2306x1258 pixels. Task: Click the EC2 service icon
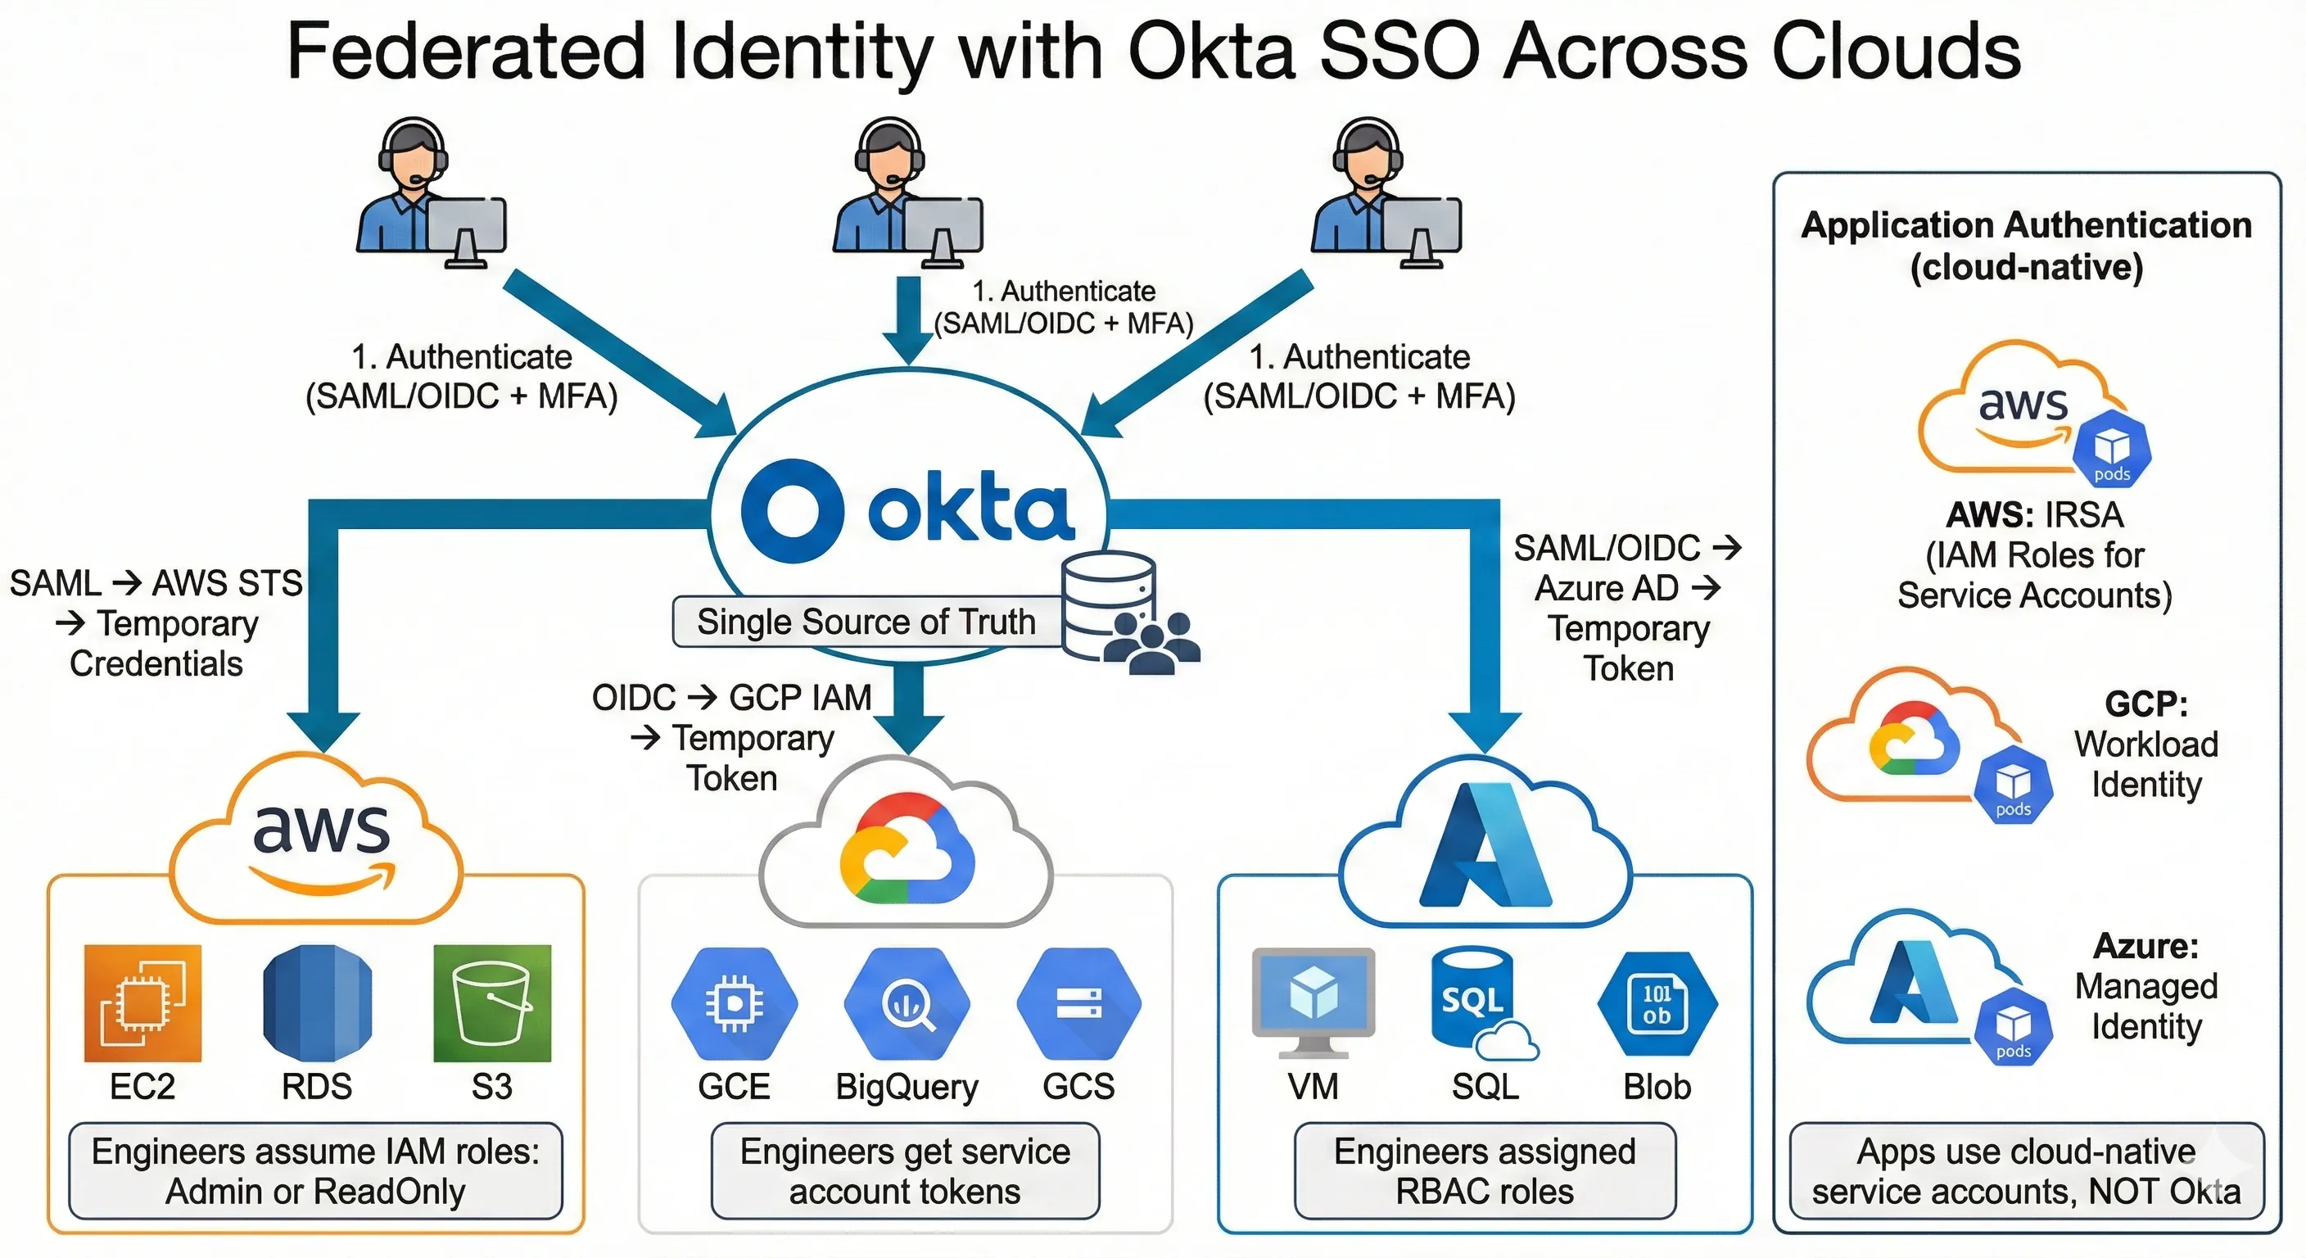point(142,1002)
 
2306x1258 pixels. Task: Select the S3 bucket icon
point(491,1002)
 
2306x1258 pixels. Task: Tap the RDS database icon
point(317,1002)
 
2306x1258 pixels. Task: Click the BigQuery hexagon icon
point(907,1002)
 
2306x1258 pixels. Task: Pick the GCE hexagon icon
point(734,1002)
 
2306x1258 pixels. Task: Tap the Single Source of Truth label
point(866,622)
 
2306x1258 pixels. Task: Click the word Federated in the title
point(465,51)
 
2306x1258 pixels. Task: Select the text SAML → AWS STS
point(156,583)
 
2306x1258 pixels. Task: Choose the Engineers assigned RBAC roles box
point(1484,1170)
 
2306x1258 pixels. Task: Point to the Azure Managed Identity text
point(2145,986)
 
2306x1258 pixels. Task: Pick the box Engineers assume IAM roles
point(315,1170)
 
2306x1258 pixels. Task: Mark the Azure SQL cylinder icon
point(1472,998)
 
